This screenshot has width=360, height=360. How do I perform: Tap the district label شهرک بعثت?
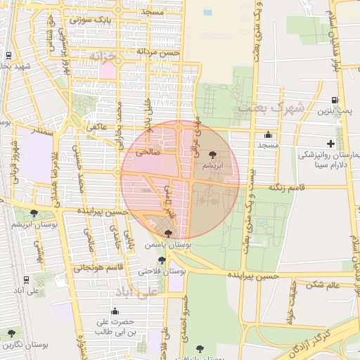coord(271,108)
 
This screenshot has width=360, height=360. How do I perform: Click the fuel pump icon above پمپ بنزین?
coord(334,99)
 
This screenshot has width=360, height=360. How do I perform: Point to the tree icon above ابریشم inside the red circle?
coord(213,153)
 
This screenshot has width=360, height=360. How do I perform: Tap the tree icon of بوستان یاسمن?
coord(167,233)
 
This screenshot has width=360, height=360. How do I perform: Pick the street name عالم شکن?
coord(323,284)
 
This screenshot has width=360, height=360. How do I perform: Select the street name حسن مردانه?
coord(158,52)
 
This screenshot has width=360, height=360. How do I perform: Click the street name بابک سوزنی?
coord(91,20)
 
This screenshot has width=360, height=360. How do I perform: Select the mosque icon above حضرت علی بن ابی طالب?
coord(115,311)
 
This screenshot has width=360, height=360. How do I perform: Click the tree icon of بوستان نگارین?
coord(11,333)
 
